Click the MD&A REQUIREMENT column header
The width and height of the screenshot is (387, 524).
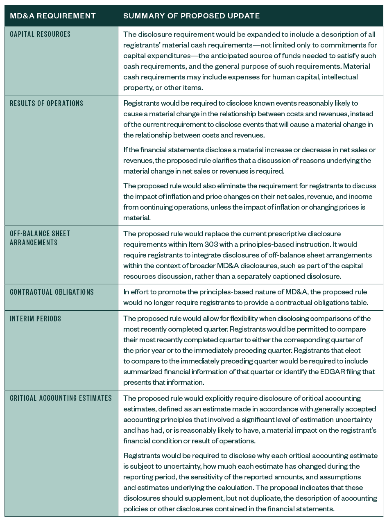(53, 16)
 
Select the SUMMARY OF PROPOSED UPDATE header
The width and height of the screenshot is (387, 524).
(191, 16)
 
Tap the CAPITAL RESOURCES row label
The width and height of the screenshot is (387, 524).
(40, 34)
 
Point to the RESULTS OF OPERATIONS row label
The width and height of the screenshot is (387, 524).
(47, 104)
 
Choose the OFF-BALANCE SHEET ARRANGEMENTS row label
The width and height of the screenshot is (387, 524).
(40, 238)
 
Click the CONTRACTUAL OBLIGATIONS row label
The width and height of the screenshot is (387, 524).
(52, 292)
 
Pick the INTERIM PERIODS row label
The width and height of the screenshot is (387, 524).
(36, 319)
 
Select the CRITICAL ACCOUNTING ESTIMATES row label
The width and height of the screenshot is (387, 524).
(61, 398)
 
